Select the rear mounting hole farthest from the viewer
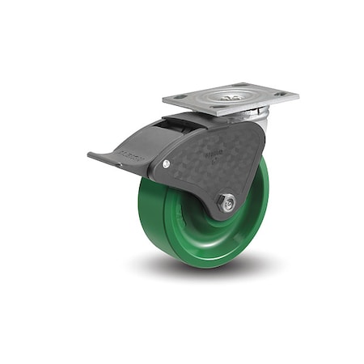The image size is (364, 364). pyautogui.click(x=241, y=85)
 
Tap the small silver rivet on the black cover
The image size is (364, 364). pyautogui.click(x=166, y=164)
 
